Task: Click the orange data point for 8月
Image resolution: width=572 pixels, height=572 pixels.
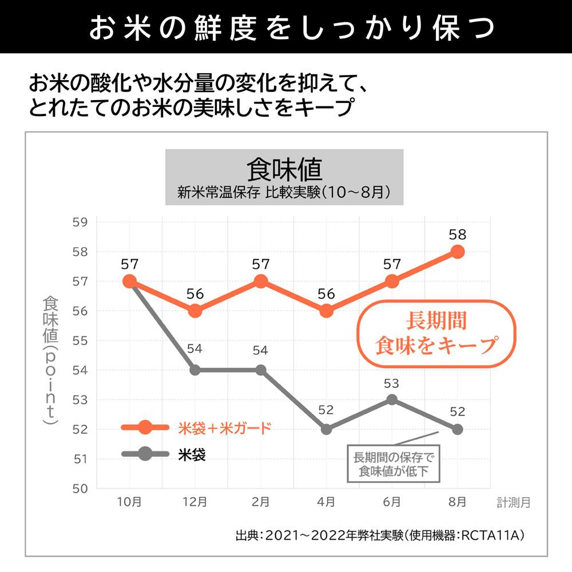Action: pos(457,252)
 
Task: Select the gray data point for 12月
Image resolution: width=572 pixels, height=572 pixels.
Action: pos(195,370)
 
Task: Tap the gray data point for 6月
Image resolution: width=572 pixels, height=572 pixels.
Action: pos(392,400)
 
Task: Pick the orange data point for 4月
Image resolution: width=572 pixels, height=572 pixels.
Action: pos(326,311)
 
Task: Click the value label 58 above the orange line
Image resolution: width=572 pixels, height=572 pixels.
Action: pos(457,235)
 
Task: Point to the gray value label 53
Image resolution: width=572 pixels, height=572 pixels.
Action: pos(392,383)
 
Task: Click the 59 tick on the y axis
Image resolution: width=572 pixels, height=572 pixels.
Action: pos(80,222)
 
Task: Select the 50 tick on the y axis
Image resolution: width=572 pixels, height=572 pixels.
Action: pos(80,488)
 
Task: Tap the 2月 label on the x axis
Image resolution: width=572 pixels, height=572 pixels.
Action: pos(260,502)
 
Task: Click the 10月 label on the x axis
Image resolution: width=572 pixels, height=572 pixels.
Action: pos(129,502)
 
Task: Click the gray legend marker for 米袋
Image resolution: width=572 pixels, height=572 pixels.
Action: pos(145,454)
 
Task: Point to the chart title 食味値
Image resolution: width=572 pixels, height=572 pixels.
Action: pos(284,169)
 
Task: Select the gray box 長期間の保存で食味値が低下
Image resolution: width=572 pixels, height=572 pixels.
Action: pos(394,464)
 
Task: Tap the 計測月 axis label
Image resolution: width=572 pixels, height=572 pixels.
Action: pos(513,503)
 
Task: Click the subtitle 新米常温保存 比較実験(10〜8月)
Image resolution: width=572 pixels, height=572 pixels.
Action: pos(284,191)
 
